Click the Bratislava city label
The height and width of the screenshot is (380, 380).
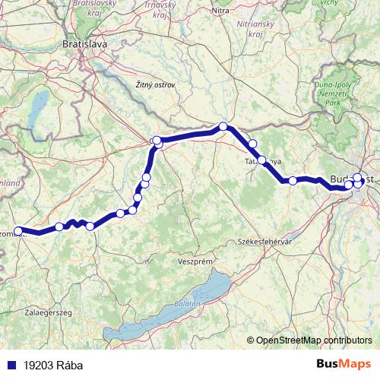pyautogui.click(x=84, y=45)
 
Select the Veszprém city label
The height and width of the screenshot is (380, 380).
pyautogui.click(x=195, y=261)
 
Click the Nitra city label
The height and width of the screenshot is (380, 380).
pyautogui.click(x=221, y=11)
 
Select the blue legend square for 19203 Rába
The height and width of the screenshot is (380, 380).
pyautogui.click(x=10, y=365)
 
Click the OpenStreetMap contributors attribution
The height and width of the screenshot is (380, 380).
pyautogui.click(x=313, y=340)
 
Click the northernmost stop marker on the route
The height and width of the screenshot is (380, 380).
pyautogui.click(x=223, y=127)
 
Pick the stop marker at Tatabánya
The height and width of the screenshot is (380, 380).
pyautogui.click(x=262, y=160)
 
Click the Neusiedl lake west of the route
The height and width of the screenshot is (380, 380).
pyautogui.click(x=36, y=115)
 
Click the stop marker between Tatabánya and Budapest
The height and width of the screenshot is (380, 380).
pyautogui.click(x=292, y=181)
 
